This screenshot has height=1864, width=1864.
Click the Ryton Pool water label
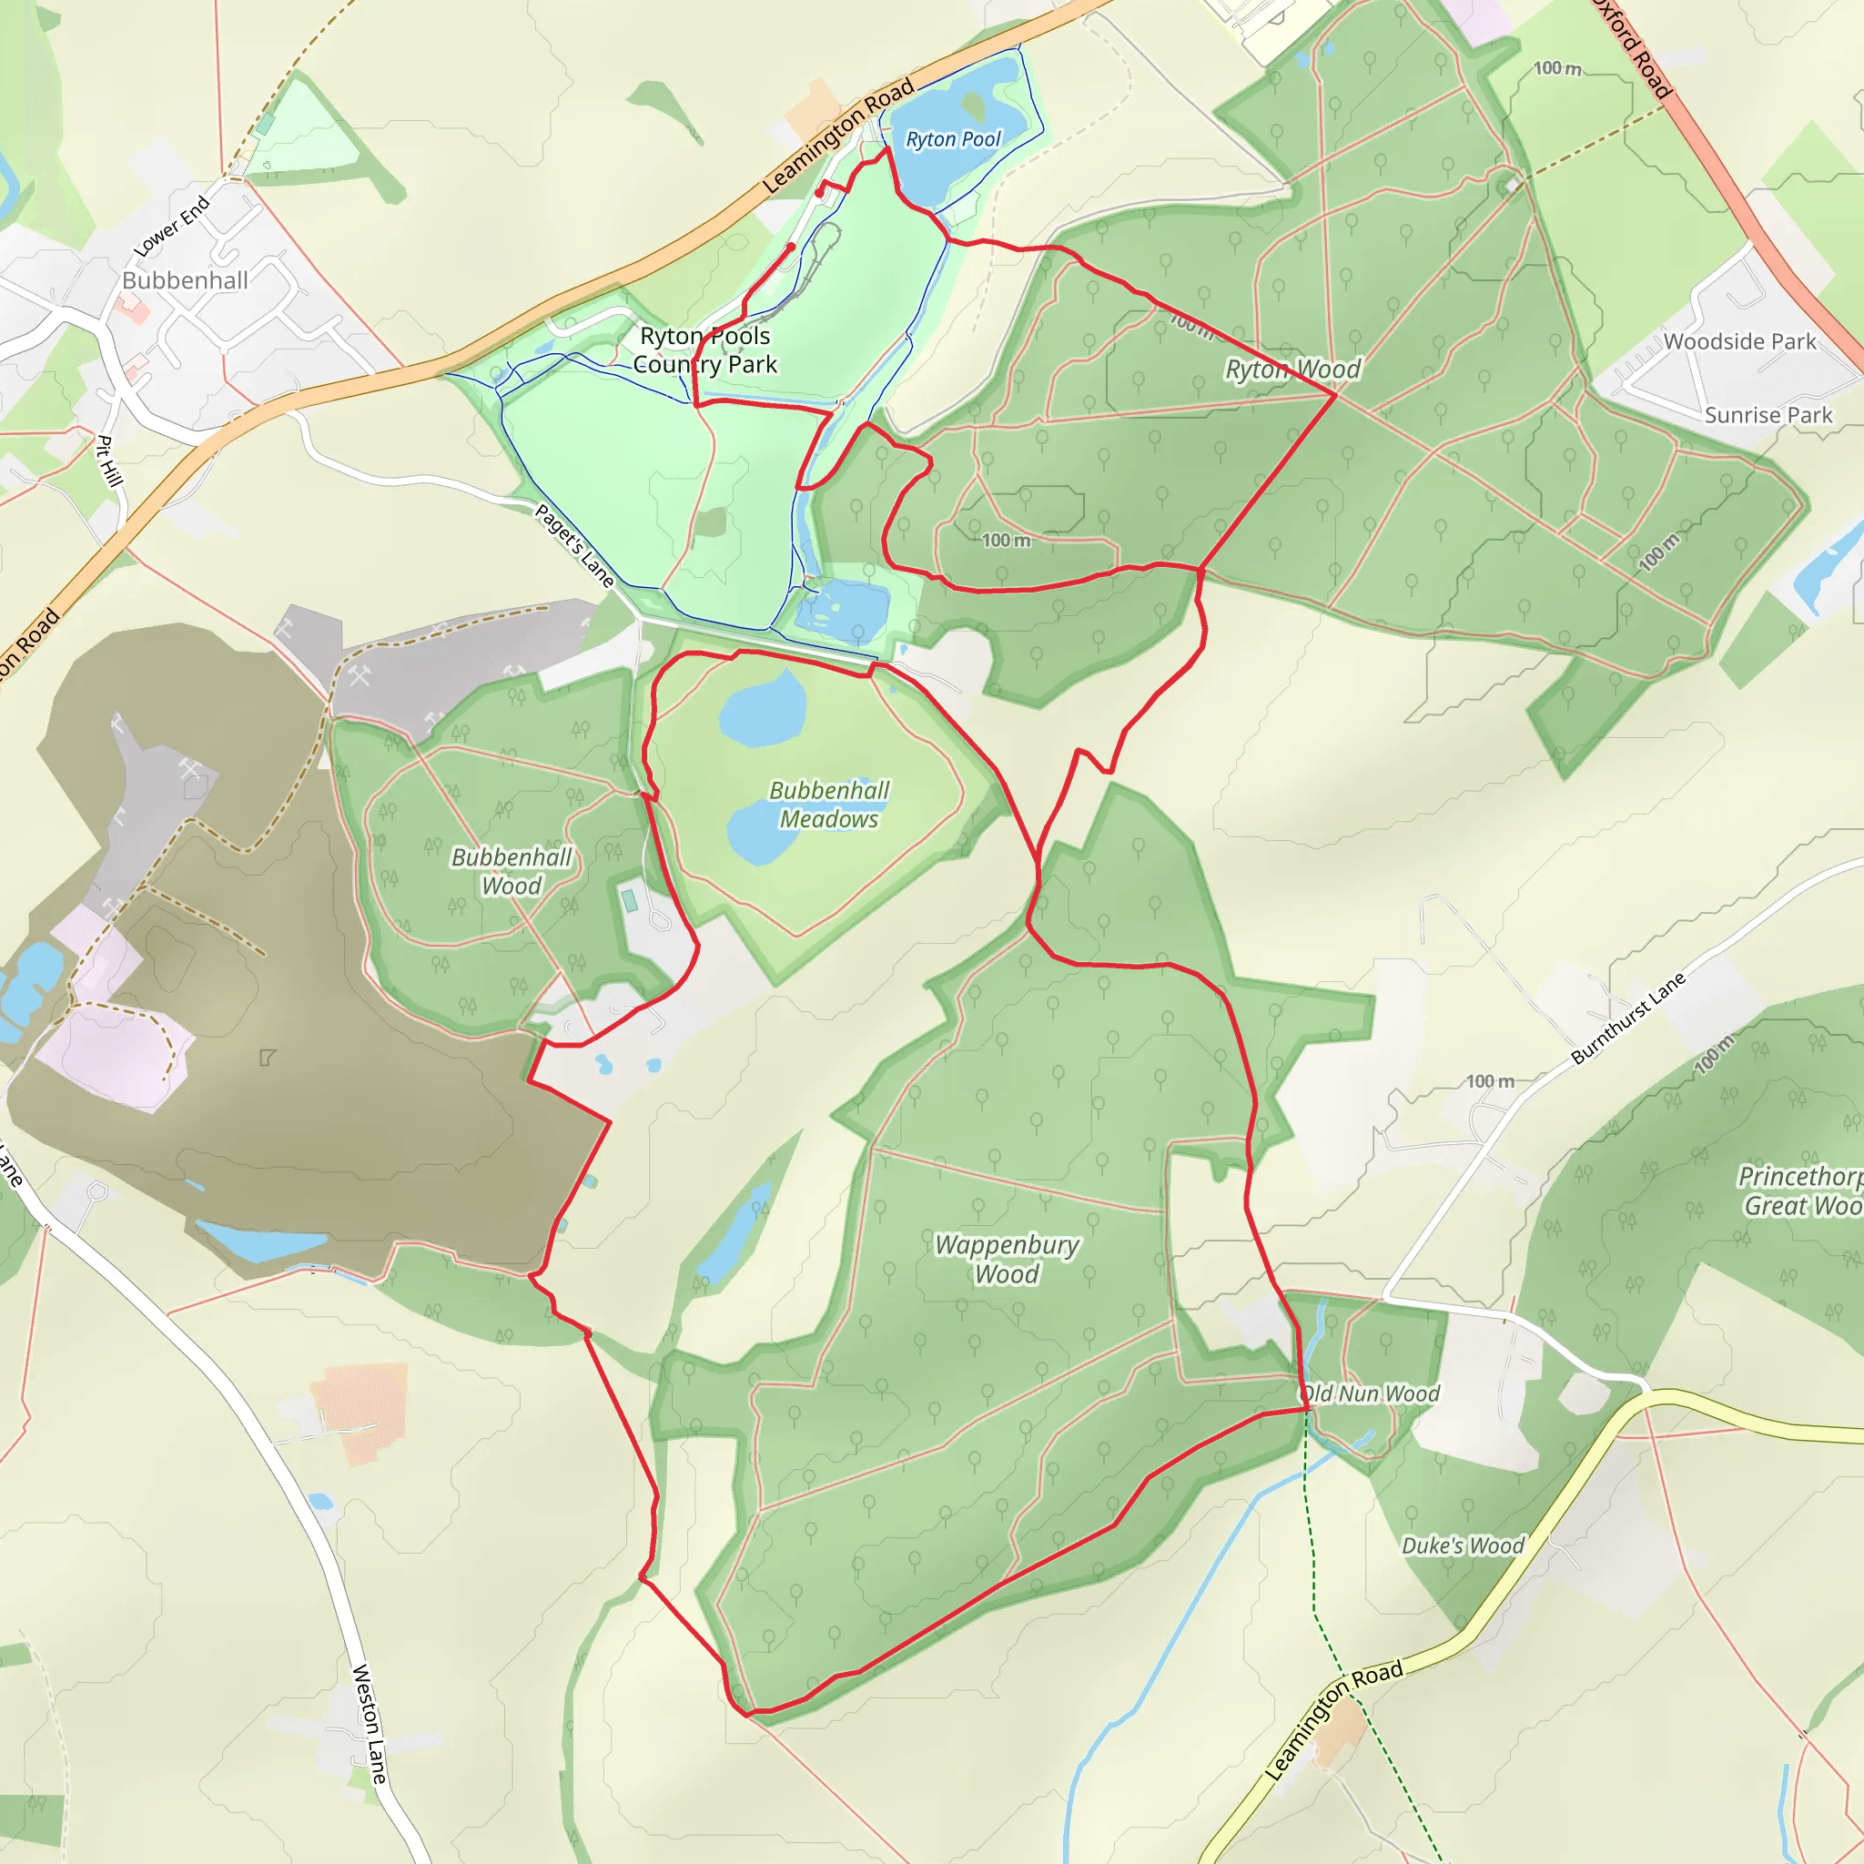953,139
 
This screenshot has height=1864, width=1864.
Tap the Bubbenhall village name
186,280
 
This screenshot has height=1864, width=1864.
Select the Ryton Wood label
1292,370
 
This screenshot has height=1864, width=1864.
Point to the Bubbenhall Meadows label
829,805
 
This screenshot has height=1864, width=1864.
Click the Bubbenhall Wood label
512,871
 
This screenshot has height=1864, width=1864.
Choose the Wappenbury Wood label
1007,1259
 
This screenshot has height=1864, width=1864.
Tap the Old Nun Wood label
1370,1393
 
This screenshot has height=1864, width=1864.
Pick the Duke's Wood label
1463,1545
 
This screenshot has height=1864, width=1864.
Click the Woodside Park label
1739,341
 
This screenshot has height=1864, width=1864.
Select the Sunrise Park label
1768,415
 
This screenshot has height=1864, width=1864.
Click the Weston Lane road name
370,1723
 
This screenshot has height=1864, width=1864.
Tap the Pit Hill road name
110,461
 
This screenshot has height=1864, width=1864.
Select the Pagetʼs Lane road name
575,546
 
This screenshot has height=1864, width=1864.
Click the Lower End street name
172,227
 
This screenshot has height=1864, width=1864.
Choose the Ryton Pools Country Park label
705,349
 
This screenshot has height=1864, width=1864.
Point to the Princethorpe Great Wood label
1800,1190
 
